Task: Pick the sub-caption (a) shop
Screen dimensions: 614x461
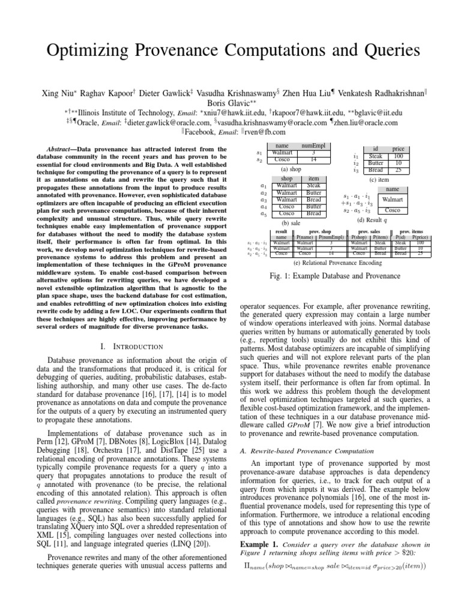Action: pyautogui.click(x=291, y=169)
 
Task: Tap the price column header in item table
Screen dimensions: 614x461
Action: pyautogui.click(x=398, y=148)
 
